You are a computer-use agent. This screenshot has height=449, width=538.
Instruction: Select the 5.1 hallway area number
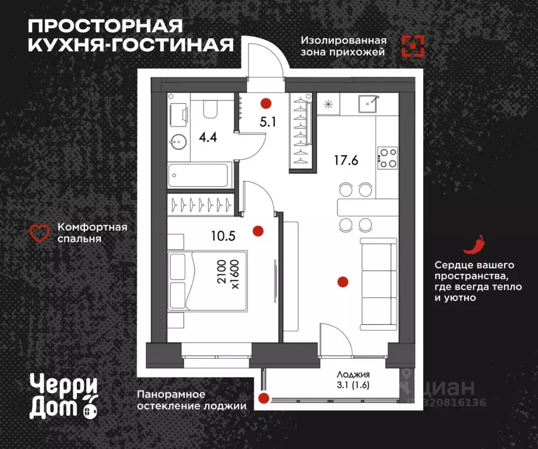click(267, 125)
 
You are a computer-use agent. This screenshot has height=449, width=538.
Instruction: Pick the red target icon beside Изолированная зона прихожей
click(413, 46)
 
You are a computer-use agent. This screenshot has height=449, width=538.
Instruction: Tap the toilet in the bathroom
click(209, 109)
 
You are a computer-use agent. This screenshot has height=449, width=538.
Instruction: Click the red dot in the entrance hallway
click(266, 104)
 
